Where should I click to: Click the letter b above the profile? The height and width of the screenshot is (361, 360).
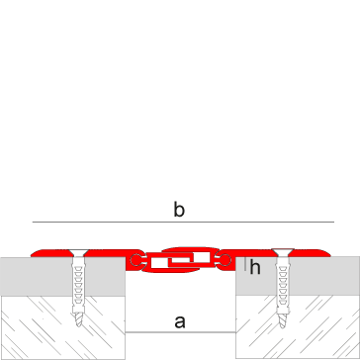point(179,210)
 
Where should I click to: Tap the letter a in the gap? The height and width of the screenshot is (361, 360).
point(180,321)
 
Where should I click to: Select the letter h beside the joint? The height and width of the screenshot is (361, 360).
point(255,267)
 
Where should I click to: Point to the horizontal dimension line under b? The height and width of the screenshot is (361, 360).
point(183,222)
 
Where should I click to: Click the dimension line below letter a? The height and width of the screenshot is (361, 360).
point(180,332)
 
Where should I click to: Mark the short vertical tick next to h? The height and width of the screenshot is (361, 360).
point(245,264)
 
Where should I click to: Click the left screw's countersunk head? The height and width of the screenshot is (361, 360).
point(79,253)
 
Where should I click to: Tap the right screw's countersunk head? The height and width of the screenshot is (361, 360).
point(283,252)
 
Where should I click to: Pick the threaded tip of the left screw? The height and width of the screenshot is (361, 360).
point(79,319)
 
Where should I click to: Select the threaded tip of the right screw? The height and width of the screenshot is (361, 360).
point(283,320)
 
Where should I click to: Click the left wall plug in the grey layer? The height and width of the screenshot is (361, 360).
point(78,284)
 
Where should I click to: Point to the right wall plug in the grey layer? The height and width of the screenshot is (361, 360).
point(283,285)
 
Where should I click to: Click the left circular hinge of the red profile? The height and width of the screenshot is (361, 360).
point(135,260)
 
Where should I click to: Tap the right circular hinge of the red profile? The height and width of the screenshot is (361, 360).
point(225,260)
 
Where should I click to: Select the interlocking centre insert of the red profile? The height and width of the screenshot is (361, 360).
point(180,260)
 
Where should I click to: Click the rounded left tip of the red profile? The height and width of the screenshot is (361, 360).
point(34,254)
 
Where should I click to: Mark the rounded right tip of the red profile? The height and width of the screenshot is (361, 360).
point(327,253)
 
